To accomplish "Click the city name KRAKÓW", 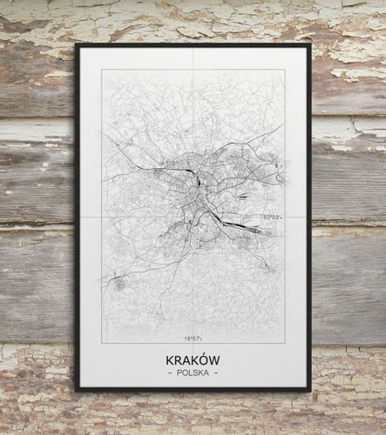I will point(193,359).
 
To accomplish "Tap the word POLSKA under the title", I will point(193,373).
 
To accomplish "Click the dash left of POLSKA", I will point(168,373).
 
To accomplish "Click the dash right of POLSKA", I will point(217,373).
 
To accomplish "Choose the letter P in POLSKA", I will point(178,373).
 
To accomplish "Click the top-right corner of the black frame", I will point(309,44).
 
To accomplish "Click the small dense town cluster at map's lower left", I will point(118,282).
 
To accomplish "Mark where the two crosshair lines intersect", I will point(193,215).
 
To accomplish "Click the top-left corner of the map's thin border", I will point(102,70).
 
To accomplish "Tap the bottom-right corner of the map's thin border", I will point(284,343).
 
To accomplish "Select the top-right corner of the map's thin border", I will point(284,70).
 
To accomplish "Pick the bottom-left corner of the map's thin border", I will point(102,343).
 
